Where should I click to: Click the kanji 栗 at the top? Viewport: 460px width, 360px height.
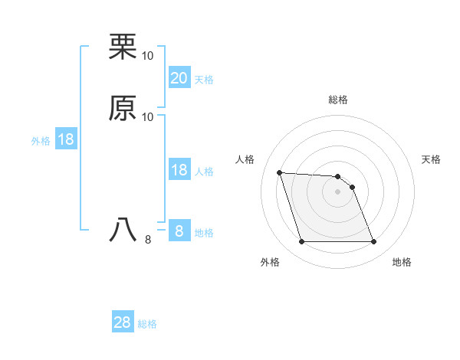[123, 47]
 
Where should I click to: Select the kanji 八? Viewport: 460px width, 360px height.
[123, 230]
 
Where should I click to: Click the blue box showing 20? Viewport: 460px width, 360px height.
[179, 77]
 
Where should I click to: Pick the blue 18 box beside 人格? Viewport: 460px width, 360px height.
[179, 170]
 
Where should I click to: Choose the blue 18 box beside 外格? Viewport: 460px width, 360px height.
[66, 139]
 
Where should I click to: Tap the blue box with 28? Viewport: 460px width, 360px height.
[123, 322]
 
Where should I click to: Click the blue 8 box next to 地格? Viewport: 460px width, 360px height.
[179, 231]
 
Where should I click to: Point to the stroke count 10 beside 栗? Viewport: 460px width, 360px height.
[148, 56]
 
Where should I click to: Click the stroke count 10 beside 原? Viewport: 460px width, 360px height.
[148, 116]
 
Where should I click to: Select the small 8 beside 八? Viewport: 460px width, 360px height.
[147, 240]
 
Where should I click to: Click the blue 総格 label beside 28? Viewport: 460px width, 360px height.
[147, 324]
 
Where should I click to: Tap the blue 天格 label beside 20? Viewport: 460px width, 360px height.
[204, 80]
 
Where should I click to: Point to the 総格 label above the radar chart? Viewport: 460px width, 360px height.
[338, 100]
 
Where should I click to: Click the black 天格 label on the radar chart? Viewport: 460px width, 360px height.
[432, 159]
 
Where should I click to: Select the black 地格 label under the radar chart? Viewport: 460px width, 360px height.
[402, 262]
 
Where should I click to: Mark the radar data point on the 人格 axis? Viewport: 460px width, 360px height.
[279, 172]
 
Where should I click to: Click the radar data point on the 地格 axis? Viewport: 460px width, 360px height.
[374, 242]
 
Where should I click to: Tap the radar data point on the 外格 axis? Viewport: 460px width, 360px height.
[301, 242]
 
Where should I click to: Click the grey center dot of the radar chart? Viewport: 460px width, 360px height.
[338, 191]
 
